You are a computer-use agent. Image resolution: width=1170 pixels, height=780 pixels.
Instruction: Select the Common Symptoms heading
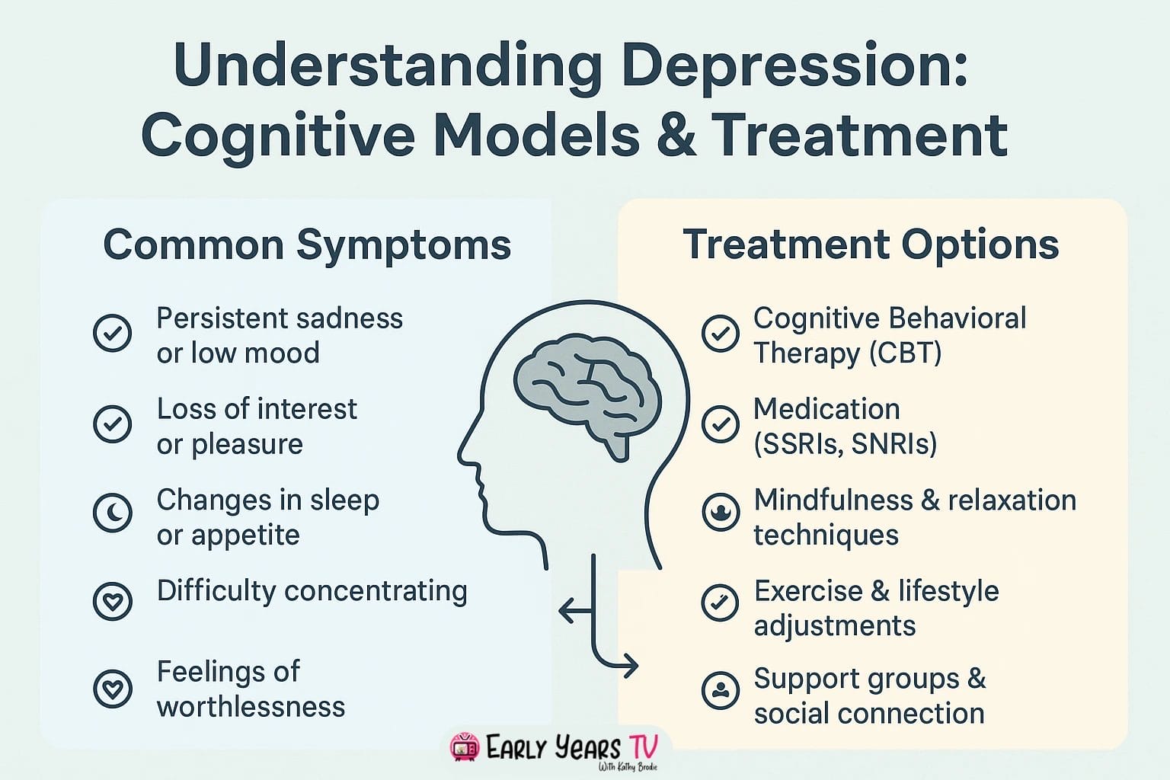point(307,245)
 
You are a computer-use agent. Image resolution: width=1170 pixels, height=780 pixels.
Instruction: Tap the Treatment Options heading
point(871,245)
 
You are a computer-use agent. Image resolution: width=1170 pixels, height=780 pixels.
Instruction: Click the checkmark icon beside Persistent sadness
point(113,333)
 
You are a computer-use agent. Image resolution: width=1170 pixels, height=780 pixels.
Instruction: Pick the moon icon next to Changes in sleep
point(113,512)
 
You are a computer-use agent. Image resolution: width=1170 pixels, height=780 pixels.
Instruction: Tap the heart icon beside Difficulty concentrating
point(113,601)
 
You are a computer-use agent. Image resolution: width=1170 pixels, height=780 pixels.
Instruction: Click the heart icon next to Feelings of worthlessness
point(113,688)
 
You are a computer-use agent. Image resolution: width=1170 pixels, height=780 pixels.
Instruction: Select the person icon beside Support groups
point(720,690)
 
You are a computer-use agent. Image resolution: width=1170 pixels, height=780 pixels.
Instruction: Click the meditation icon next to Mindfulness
point(720,512)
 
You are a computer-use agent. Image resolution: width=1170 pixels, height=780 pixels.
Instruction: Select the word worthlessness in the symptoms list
point(251,707)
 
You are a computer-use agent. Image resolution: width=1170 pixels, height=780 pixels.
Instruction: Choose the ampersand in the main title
point(674,136)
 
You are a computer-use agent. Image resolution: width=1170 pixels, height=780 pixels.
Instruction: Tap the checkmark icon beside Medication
point(720,424)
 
